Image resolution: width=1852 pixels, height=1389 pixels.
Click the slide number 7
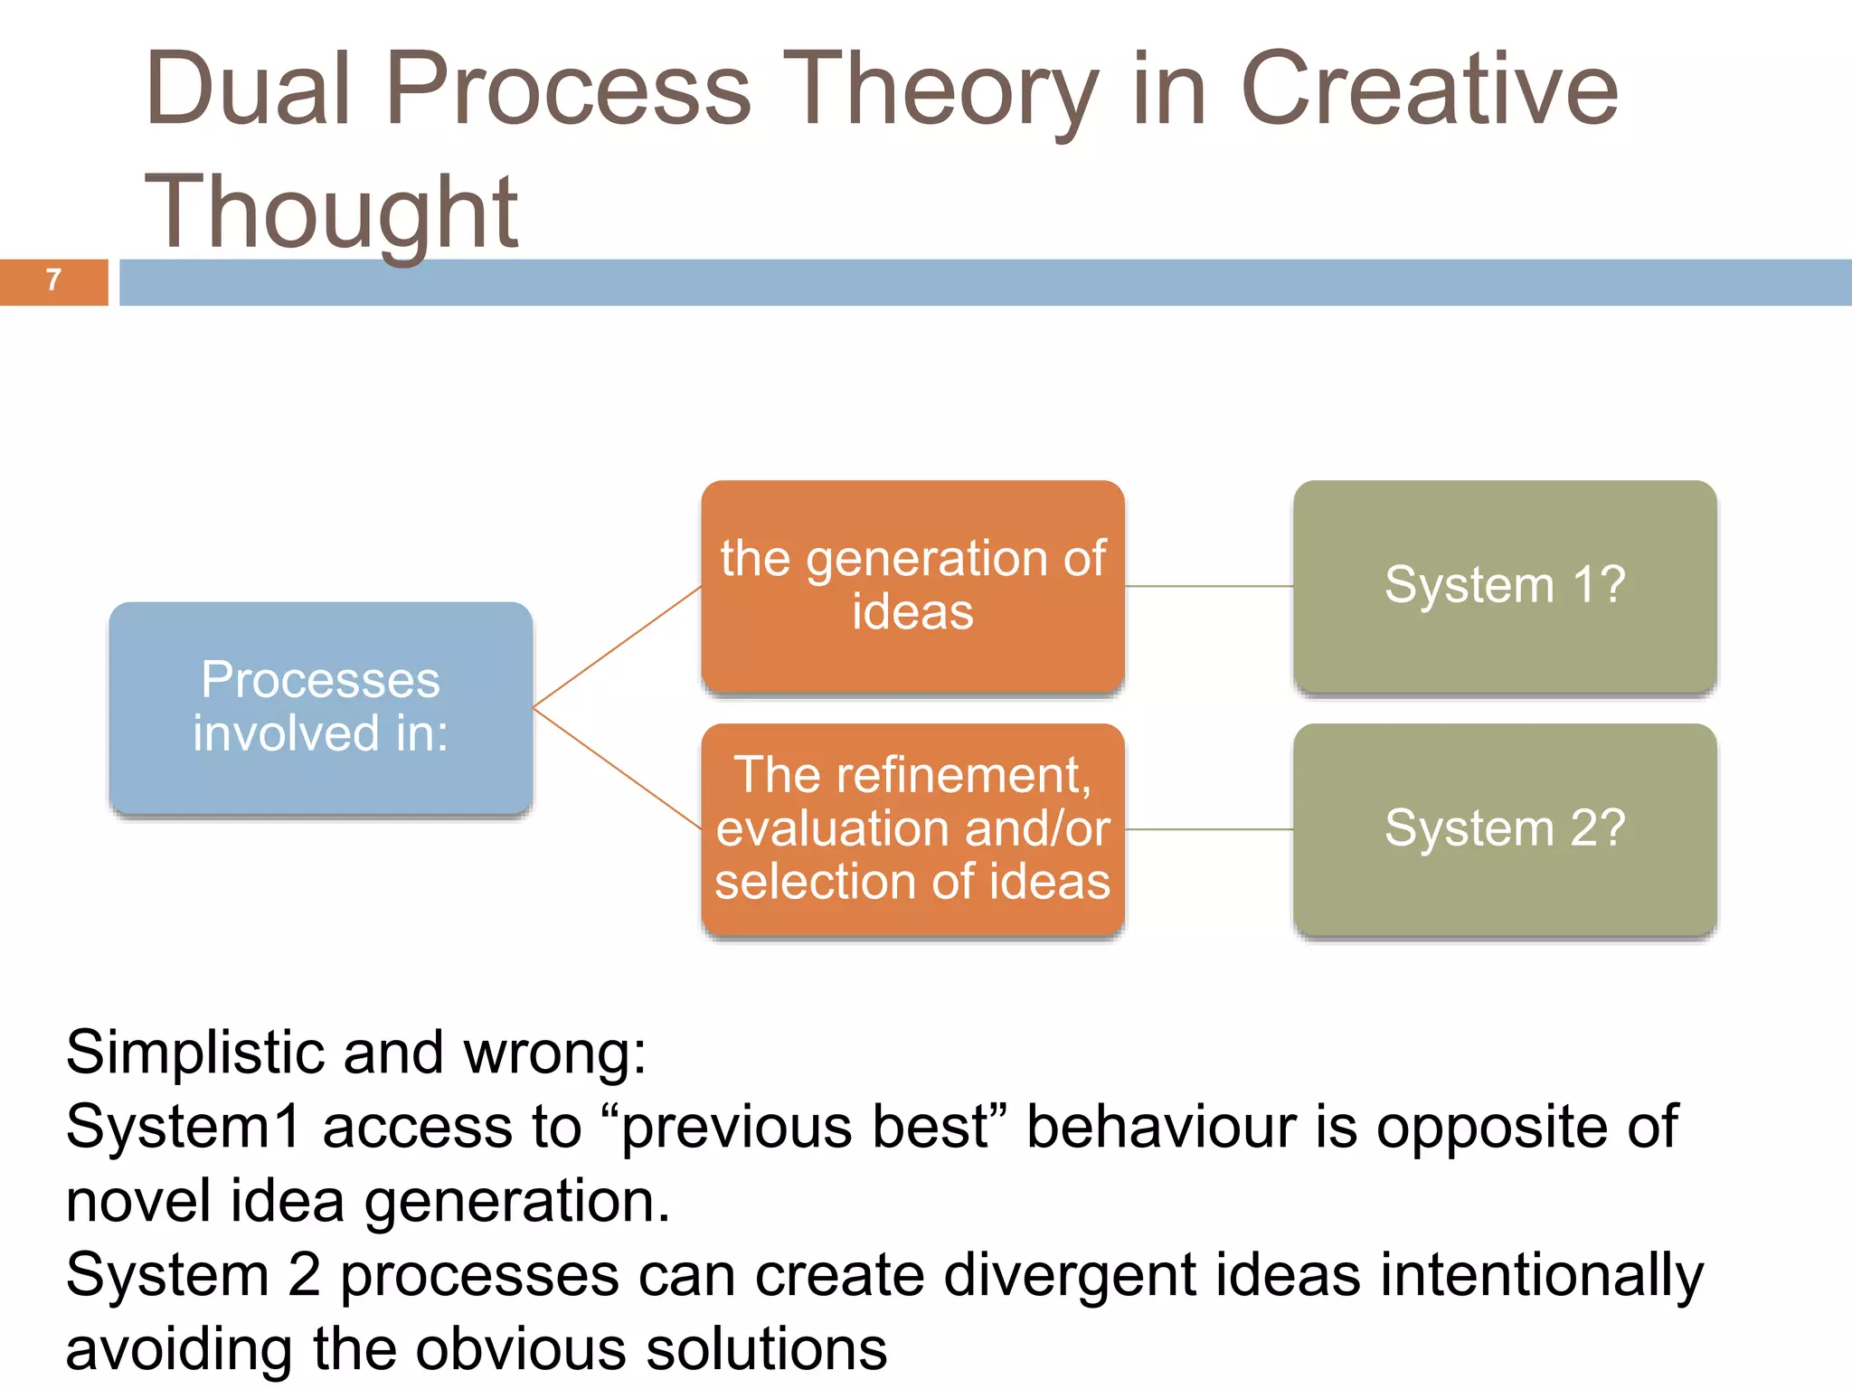53,280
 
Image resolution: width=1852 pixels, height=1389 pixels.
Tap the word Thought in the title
331,212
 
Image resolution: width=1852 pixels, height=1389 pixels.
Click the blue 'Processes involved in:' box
320,707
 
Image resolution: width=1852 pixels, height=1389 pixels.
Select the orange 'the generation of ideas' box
912,585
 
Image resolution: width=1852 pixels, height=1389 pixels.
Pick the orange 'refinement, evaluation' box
912,828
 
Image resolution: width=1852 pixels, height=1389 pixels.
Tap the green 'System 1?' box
1505,585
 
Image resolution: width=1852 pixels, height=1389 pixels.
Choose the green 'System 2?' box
1505,828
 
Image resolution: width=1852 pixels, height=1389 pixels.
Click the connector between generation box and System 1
1209,586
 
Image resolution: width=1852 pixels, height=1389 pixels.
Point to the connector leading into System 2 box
1209,829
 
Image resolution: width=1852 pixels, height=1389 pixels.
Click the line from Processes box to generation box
618,647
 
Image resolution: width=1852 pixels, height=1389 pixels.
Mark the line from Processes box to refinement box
618,769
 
